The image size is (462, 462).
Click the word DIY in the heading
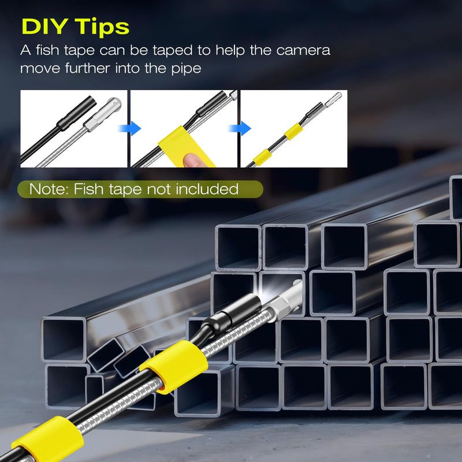45,27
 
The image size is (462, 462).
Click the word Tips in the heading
102,27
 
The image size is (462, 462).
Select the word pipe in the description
186,69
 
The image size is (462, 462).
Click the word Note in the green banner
49,189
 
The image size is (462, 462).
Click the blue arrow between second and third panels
240,128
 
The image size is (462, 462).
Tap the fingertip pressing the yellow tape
193,159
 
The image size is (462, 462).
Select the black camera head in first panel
77,113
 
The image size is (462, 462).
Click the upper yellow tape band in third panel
293,132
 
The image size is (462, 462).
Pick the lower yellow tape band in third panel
262,157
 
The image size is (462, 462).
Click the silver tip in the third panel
334,99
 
